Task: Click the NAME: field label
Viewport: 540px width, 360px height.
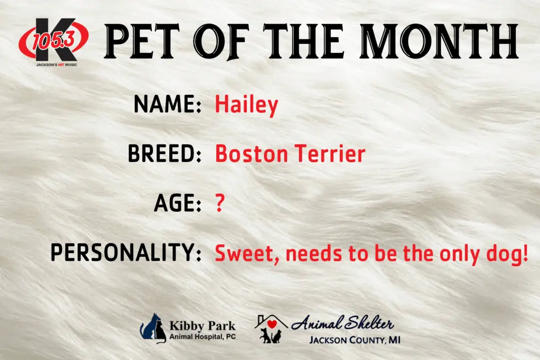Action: pyautogui.click(x=168, y=104)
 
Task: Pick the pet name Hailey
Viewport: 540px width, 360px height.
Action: pyautogui.click(x=246, y=105)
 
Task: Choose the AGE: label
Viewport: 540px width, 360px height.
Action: pyautogui.click(x=178, y=203)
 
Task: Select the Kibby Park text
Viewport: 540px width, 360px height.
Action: pyautogui.click(x=202, y=325)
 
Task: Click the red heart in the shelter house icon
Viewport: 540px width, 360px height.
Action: pyautogui.click(x=272, y=324)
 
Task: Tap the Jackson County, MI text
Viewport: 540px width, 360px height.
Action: pyautogui.click(x=354, y=339)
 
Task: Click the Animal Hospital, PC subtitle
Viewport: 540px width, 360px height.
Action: pyautogui.click(x=202, y=336)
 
